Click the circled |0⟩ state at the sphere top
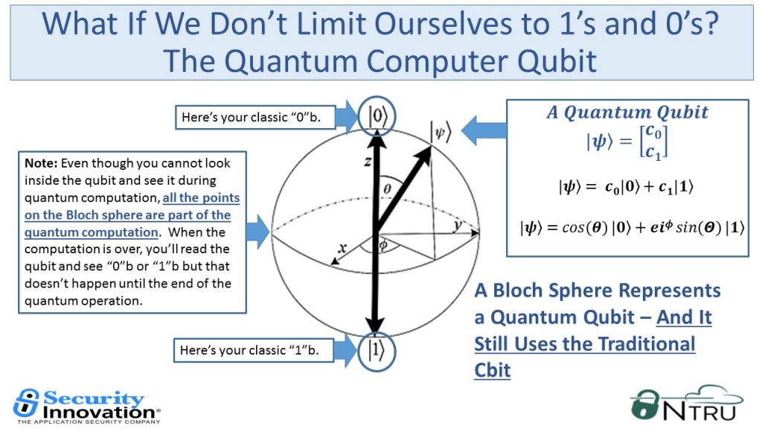click(377, 116)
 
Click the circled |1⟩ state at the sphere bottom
click(376, 352)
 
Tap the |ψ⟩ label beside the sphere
click(441, 131)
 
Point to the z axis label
click(368, 161)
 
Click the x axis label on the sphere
click(342, 247)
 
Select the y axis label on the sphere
click(458, 226)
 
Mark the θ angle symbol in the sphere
click(387, 188)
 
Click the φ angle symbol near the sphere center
click(383, 244)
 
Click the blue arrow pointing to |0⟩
click(347, 117)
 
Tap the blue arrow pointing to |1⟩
click(345, 351)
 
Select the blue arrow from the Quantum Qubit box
click(484, 130)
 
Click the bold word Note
click(41, 163)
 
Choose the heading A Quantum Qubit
click(627, 112)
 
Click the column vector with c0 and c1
click(653, 142)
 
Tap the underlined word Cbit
click(493, 370)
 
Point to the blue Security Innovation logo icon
click(26, 402)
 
